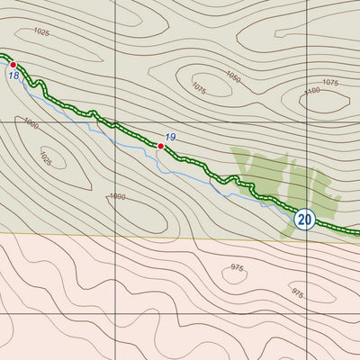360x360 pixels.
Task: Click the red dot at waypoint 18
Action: point(13,65)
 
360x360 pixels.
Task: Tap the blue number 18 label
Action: point(13,76)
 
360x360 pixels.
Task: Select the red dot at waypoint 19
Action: point(161,146)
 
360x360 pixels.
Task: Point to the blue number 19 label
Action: point(170,137)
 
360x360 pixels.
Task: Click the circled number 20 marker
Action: point(304,219)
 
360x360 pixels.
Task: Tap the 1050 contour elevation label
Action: point(233,76)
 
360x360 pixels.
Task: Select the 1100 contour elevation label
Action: point(312,91)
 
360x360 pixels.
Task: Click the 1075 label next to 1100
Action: point(330,82)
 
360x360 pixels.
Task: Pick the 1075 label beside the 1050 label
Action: point(199,88)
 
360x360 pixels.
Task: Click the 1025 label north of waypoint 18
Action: point(41,31)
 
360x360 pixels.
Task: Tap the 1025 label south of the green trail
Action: point(46,158)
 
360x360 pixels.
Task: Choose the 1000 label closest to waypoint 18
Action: point(31,123)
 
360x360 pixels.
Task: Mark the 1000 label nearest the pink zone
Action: point(117,196)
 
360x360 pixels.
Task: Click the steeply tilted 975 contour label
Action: point(296,292)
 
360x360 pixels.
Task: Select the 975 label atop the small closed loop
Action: point(237,267)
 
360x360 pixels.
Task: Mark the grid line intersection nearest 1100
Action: point(308,121)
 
